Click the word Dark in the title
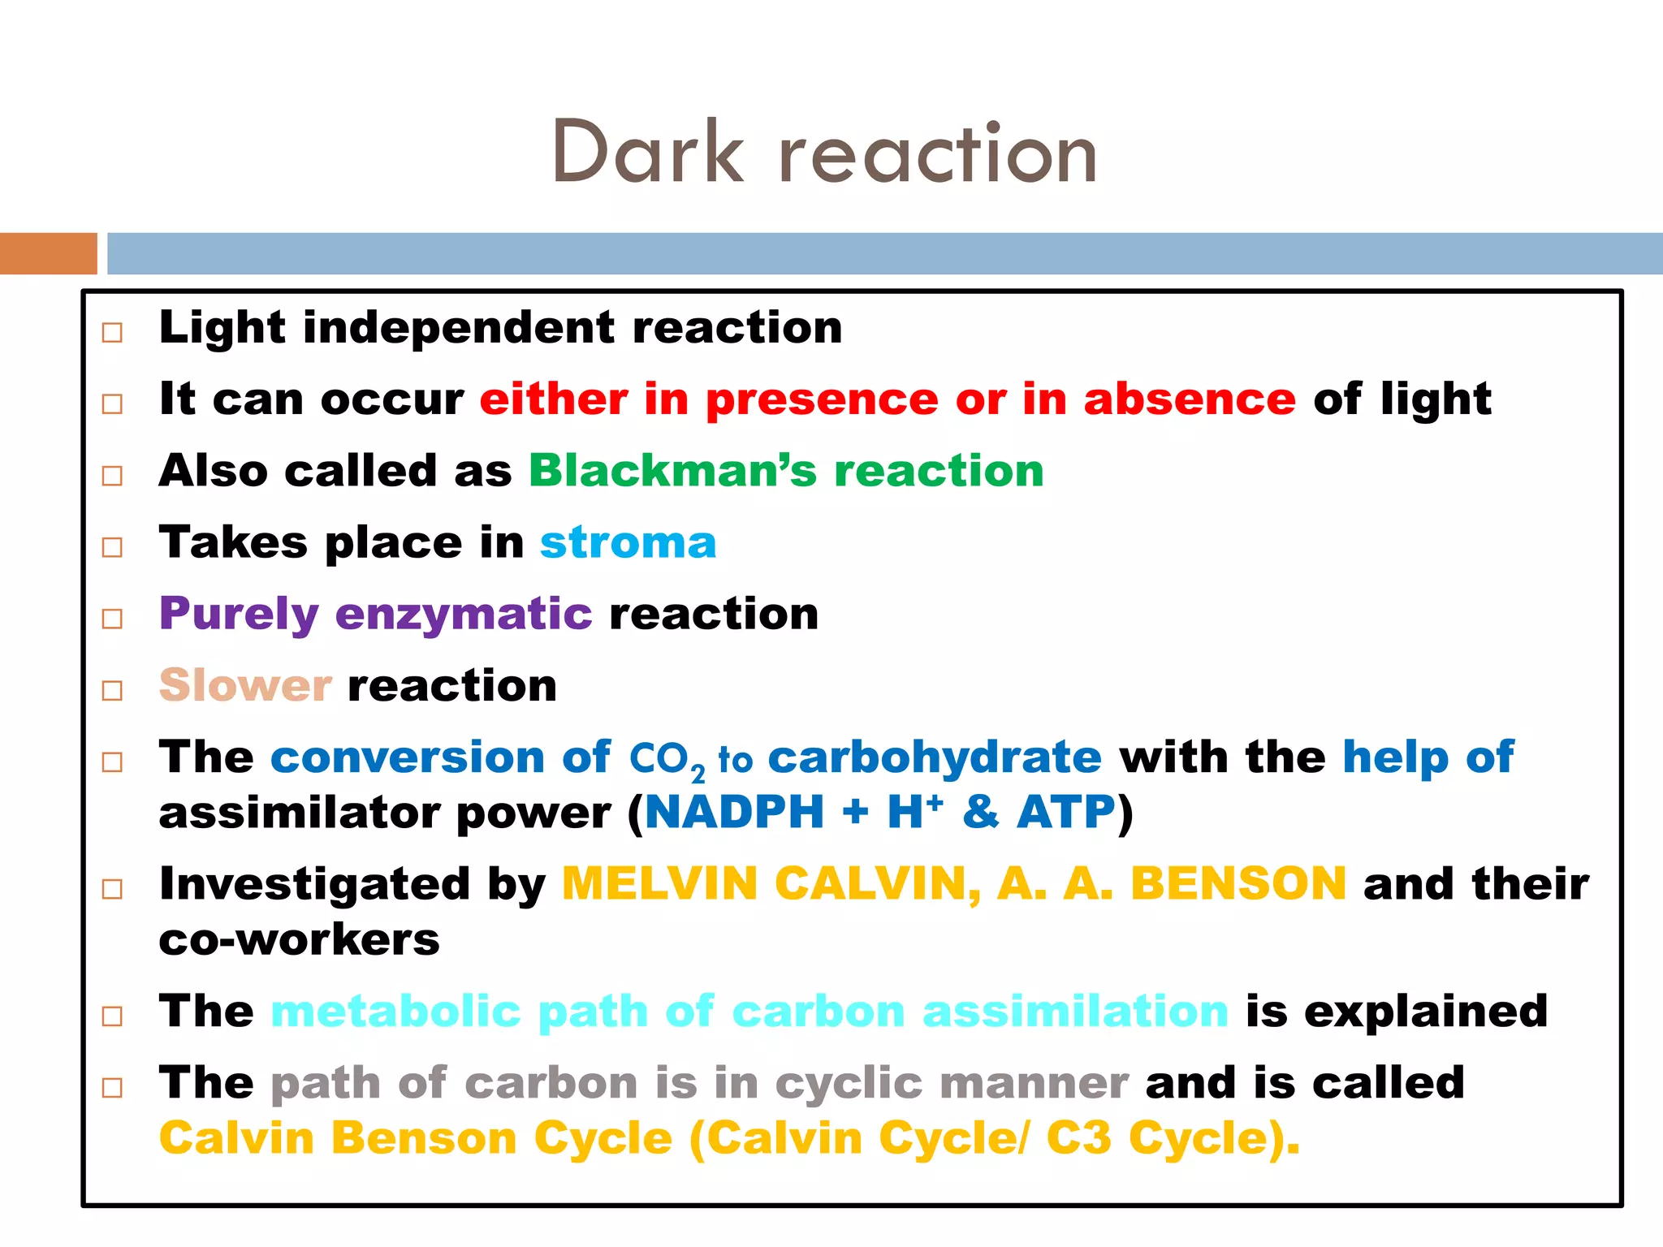click(x=647, y=152)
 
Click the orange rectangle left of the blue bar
click(x=48, y=253)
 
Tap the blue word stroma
click(x=628, y=542)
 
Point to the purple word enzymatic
click(x=464, y=614)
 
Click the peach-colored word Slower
click(x=245, y=685)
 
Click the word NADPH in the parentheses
click(x=734, y=812)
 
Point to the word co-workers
click(x=299, y=940)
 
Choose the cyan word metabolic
click(x=395, y=1012)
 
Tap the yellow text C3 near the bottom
click(x=1078, y=1138)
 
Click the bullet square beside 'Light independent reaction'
click(x=112, y=332)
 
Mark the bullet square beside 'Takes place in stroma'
click(x=112, y=547)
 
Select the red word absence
click(x=1190, y=399)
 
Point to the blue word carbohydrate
click(x=935, y=757)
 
